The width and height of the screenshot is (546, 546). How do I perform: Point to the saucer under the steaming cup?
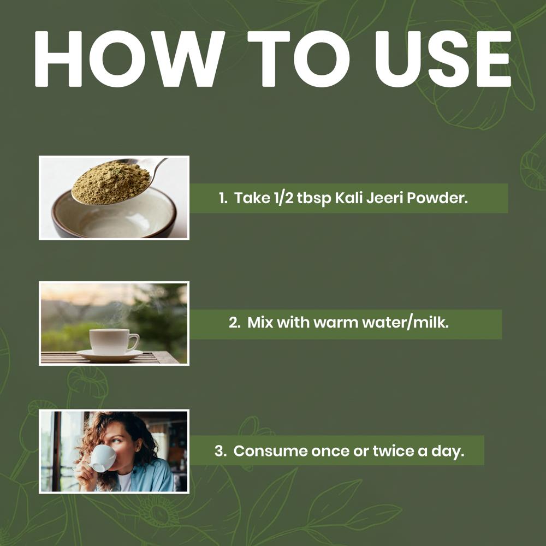pos(109,356)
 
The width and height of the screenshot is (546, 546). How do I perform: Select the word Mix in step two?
pos(260,322)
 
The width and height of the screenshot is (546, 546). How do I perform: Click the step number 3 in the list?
pos(220,452)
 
